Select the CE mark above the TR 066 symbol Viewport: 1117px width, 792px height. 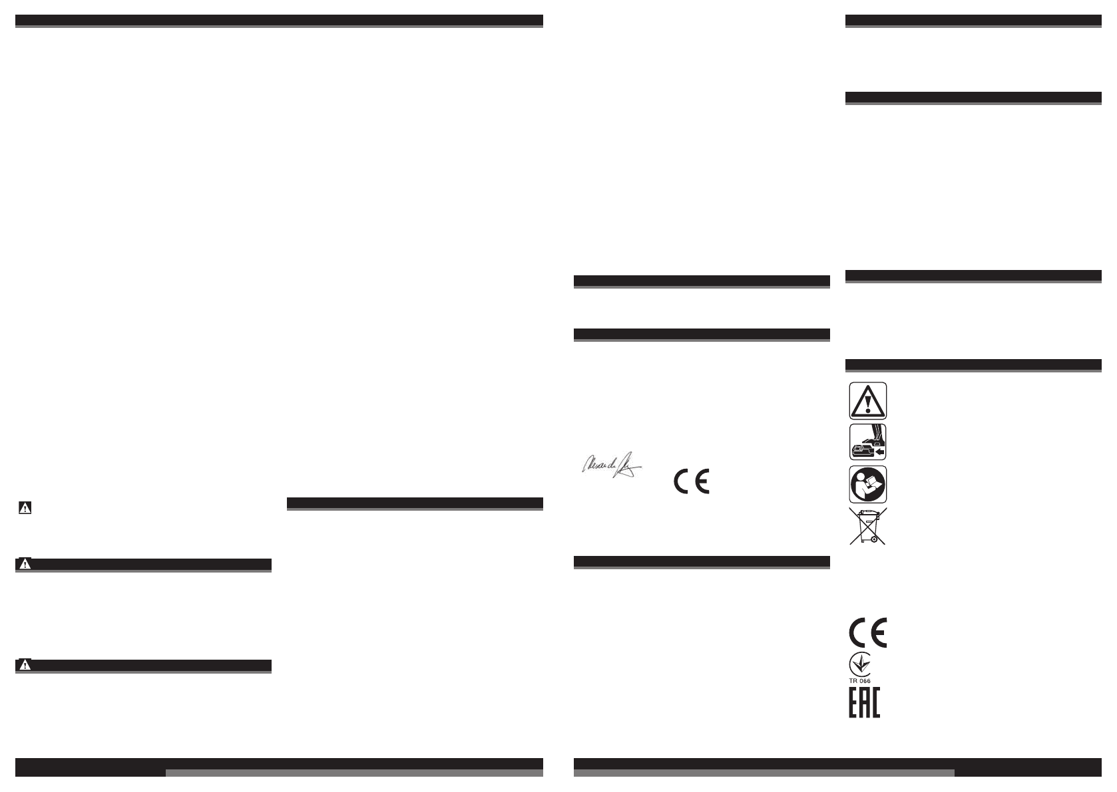868,633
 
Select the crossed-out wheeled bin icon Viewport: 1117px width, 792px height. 867,527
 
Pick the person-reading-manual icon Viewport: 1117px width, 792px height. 867,484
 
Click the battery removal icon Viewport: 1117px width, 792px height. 867,442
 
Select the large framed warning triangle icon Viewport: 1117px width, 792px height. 867,400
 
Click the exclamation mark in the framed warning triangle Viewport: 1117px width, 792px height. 867,403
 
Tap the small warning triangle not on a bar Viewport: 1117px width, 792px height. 25,509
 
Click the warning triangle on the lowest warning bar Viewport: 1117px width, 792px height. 25,665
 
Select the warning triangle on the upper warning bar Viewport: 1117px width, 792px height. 25,564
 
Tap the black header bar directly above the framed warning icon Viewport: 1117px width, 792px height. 973,364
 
